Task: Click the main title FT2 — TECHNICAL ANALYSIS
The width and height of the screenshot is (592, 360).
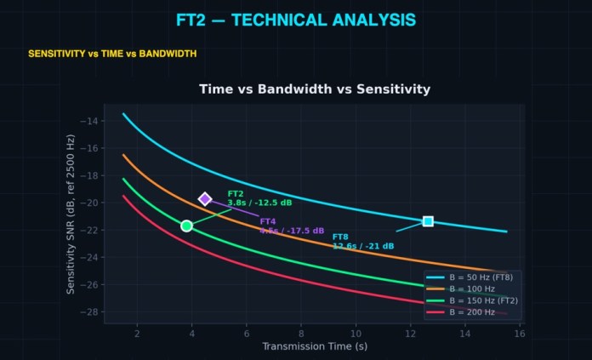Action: (x=296, y=20)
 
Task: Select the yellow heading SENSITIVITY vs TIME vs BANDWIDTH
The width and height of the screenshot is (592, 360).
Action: (x=112, y=54)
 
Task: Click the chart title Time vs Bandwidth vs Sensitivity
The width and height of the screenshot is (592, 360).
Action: (x=315, y=89)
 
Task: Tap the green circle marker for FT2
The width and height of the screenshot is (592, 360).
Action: (x=186, y=226)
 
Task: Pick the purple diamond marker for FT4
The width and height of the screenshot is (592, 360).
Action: (x=205, y=199)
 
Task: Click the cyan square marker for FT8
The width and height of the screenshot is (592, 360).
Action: (x=428, y=221)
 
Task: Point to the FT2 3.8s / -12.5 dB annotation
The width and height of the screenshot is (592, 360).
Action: (x=259, y=198)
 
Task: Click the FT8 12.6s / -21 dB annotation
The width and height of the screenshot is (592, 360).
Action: (x=362, y=242)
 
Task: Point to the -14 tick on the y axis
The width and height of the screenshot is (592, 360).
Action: (x=90, y=121)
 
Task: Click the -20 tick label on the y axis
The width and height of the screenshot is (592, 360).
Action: (x=90, y=203)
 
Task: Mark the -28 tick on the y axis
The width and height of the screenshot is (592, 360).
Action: (x=90, y=312)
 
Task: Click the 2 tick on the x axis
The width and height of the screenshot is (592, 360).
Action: (x=137, y=332)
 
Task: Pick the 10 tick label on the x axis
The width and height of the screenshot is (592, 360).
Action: (x=356, y=332)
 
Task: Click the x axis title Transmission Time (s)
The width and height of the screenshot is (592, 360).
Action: (x=315, y=346)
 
